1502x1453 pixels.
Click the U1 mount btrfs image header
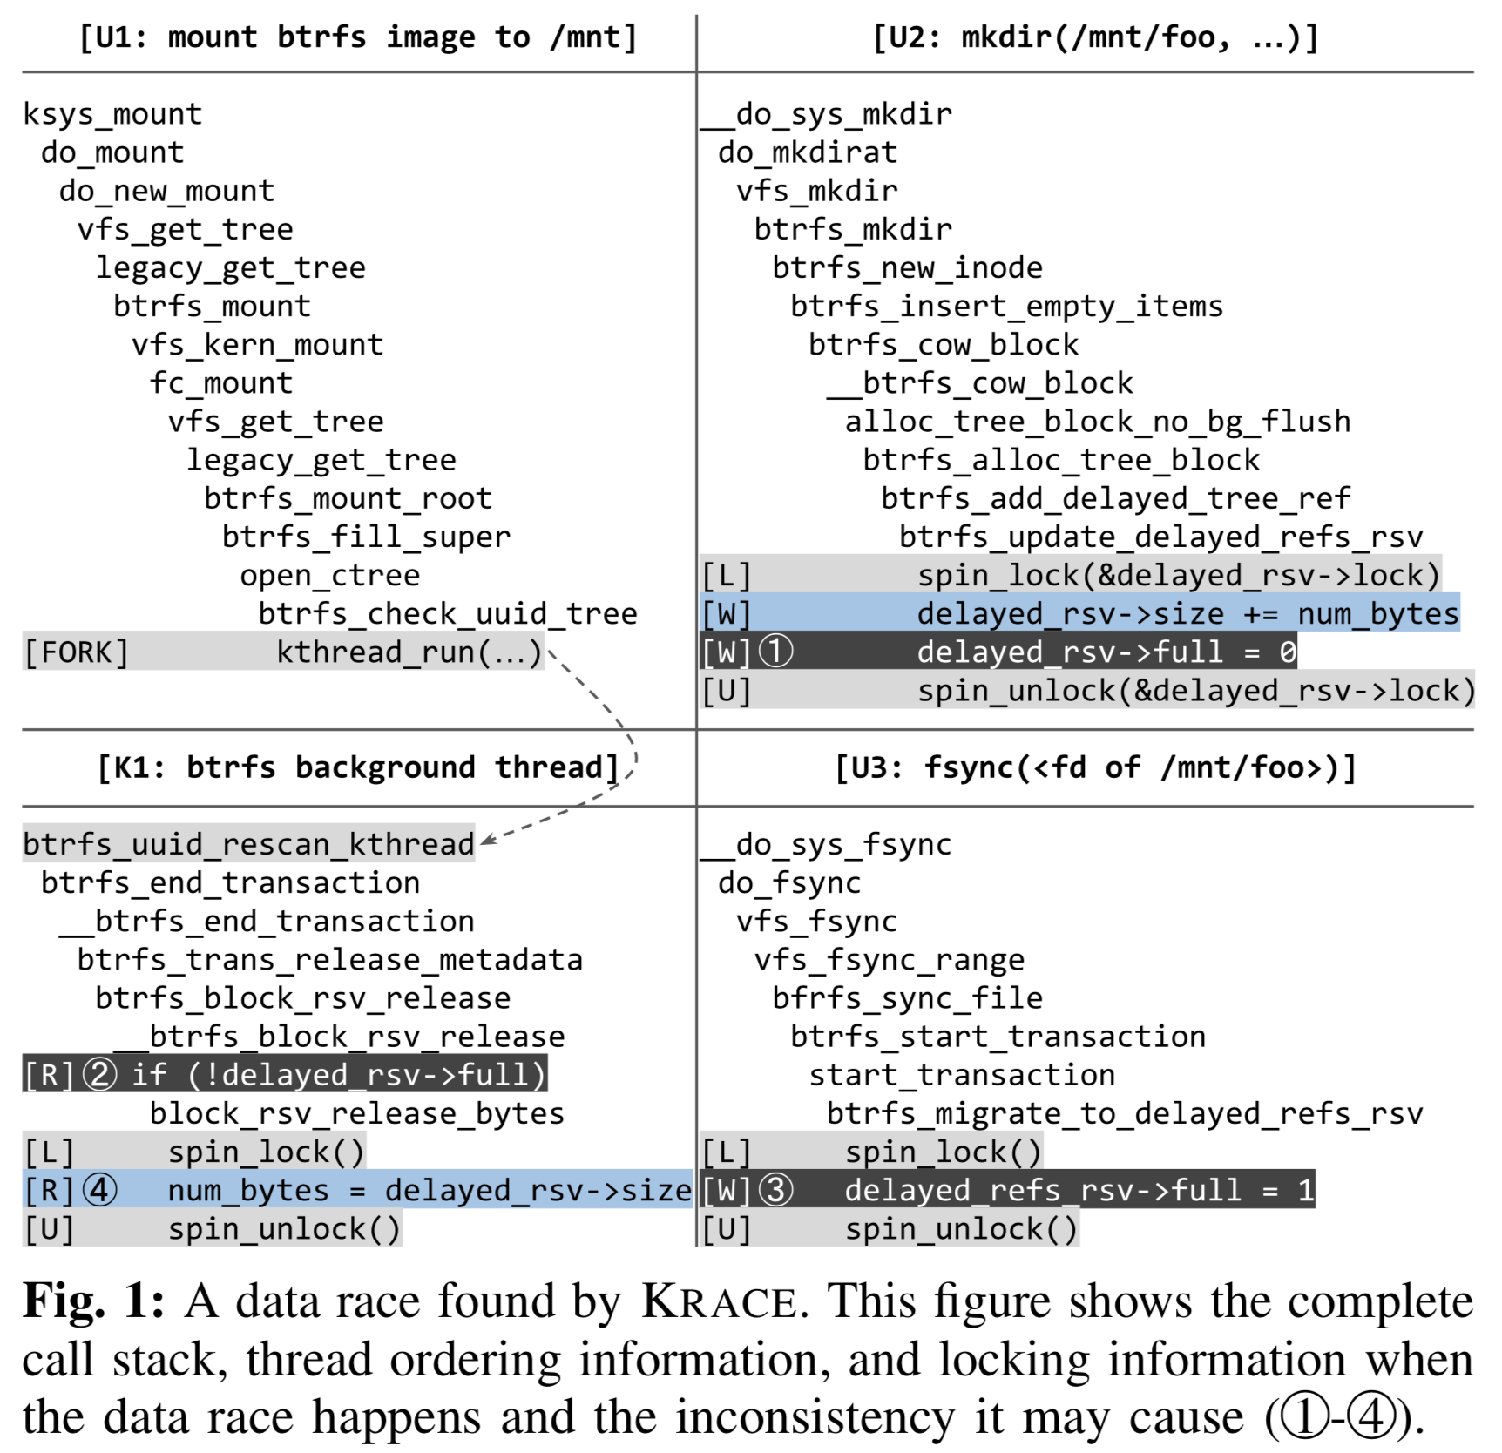(x=358, y=37)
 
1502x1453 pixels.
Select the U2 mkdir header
(x=1096, y=37)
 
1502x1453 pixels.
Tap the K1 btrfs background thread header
(x=358, y=767)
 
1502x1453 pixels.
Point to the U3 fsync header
(x=1096, y=767)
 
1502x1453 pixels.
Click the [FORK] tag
(x=77, y=652)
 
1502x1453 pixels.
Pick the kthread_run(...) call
(x=409, y=652)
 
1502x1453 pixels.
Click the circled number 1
(x=776, y=652)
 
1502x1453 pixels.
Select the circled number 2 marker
(x=99, y=1074)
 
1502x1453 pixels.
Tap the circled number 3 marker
(x=776, y=1189)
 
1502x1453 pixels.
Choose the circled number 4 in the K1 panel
(x=99, y=1189)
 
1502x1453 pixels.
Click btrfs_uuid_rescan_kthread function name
(x=249, y=844)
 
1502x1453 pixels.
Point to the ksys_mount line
(x=112, y=114)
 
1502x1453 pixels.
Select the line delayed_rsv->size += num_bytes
(x=1187, y=614)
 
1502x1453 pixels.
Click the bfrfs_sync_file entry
(x=907, y=997)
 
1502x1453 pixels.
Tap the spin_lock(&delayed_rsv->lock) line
(x=1179, y=576)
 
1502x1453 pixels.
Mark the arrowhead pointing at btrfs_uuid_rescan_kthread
(x=489, y=840)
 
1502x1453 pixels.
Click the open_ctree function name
(x=330, y=576)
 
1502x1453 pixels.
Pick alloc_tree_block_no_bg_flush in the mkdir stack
(x=1098, y=422)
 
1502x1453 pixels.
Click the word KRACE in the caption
(x=719, y=1302)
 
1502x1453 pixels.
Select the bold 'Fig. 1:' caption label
(x=93, y=1302)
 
